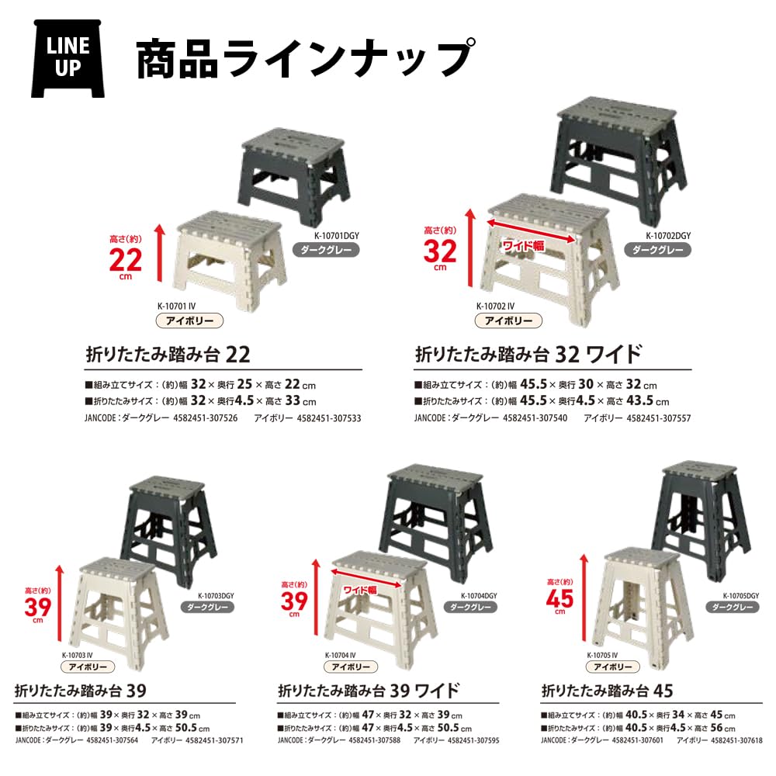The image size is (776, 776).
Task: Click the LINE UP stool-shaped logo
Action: point(68,58)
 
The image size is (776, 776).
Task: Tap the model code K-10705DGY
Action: point(741,595)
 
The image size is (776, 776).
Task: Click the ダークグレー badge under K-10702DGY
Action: point(657,250)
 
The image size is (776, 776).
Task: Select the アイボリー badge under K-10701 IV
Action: point(189,320)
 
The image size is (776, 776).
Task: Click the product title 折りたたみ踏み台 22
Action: point(168,355)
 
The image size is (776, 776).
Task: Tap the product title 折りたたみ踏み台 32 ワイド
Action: point(529,355)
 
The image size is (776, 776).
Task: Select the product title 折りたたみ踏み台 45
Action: point(606,690)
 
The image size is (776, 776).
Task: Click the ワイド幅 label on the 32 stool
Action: point(523,244)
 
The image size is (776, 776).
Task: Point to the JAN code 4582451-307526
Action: point(203,418)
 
